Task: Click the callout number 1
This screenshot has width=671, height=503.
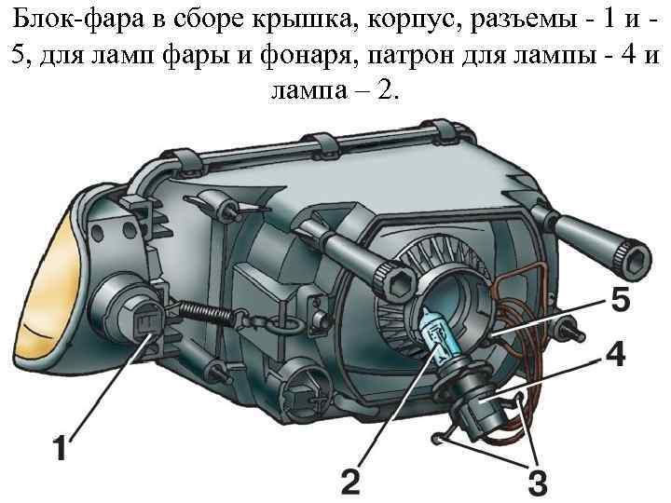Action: tap(59, 451)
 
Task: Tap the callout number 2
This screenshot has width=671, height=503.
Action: tap(349, 481)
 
